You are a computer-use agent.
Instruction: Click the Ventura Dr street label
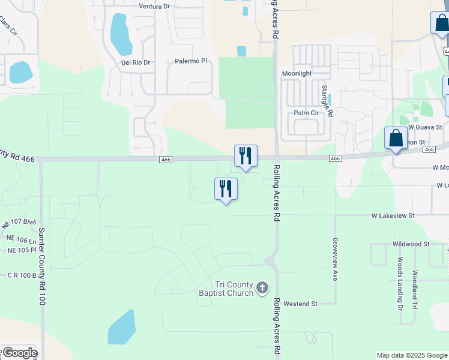[155, 6]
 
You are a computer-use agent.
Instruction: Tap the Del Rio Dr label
[135, 62]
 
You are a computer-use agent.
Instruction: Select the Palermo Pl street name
[190, 61]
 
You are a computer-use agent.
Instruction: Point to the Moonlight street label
[297, 73]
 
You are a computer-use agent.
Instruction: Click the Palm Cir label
[306, 113]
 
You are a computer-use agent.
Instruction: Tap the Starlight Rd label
[327, 100]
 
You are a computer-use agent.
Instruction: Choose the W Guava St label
[425, 127]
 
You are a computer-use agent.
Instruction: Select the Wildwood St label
[411, 244]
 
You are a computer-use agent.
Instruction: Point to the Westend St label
[300, 304]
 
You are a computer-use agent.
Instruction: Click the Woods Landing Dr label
[400, 284]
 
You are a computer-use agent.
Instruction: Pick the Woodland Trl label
[415, 289]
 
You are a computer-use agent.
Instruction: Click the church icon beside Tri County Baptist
[262, 289]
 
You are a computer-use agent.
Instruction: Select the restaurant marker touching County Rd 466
[246, 156]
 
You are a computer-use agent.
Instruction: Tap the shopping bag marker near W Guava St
[396, 138]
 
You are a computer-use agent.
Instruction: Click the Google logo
[19, 353]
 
